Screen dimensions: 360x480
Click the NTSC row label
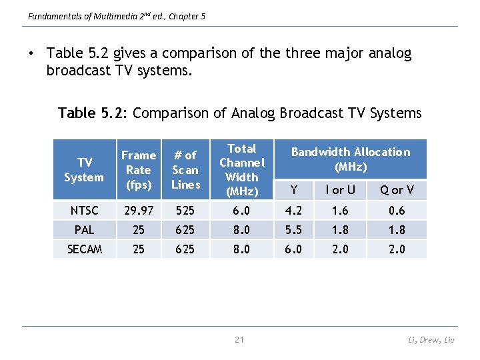pyautogui.click(x=84, y=211)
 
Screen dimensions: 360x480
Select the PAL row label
pyautogui.click(x=84, y=230)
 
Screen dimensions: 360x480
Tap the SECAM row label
pyautogui.click(x=84, y=249)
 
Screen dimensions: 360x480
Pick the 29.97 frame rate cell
pyautogui.click(x=138, y=211)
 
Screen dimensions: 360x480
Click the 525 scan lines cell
pyautogui.click(x=185, y=211)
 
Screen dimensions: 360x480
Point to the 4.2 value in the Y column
pyautogui.click(x=294, y=211)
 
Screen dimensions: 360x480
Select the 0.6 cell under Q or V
pyautogui.click(x=397, y=211)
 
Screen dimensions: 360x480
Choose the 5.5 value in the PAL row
pyautogui.click(x=294, y=230)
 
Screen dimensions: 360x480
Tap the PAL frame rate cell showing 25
pyautogui.click(x=138, y=230)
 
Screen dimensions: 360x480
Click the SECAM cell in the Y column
pyautogui.click(x=294, y=249)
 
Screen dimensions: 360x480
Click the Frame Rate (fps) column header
pyautogui.click(x=138, y=169)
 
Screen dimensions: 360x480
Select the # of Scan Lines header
pyautogui.click(x=185, y=169)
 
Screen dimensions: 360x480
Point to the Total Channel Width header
pyautogui.click(x=241, y=170)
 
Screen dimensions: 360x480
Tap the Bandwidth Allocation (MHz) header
pyautogui.click(x=351, y=159)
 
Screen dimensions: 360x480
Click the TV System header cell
pyautogui.click(x=84, y=170)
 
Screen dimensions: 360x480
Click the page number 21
pyautogui.click(x=239, y=340)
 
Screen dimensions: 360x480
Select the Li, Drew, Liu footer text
pyautogui.click(x=431, y=340)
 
